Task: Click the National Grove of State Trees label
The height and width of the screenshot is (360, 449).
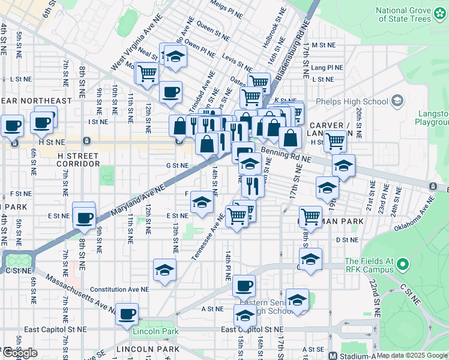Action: click(403, 15)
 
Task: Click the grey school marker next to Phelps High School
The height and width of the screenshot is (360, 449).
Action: click(397, 101)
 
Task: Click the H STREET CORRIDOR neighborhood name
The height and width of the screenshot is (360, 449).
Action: click(79, 159)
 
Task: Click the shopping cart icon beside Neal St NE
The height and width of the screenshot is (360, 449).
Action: click(146, 74)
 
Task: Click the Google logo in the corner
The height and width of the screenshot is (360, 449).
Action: click(20, 353)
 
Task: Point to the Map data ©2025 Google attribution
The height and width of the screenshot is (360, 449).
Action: click(412, 355)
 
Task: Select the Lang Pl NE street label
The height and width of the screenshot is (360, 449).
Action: click(327, 68)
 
